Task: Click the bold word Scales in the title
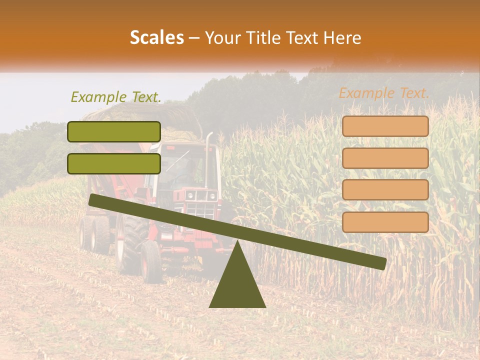tap(156, 37)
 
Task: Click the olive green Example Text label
tap(116, 97)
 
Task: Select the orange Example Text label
tap(384, 93)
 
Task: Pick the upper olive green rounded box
tap(114, 131)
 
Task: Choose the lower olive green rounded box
tap(114, 163)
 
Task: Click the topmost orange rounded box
tap(385, 126)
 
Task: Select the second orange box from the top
tap(385, 158)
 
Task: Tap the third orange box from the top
tap(385, 190)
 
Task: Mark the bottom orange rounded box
tap(385, 222)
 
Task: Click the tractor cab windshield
tap(180, 165)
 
